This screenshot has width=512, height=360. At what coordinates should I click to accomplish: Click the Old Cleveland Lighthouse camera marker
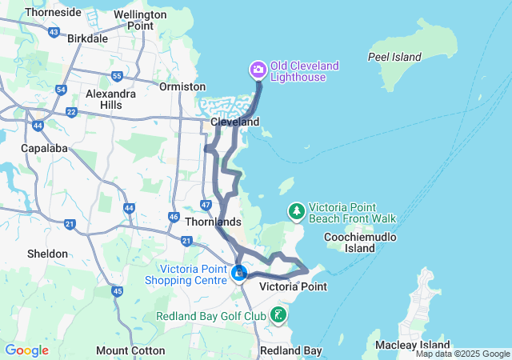258,70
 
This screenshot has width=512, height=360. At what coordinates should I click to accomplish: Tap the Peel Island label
394,57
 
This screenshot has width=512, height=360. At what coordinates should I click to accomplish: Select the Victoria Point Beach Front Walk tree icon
297,211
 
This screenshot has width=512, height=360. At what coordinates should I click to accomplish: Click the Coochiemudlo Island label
350,242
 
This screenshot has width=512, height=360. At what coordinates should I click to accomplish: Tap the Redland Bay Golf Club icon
278,314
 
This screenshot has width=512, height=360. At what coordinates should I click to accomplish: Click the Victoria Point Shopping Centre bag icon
239,274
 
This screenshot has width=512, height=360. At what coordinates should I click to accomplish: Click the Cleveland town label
234,122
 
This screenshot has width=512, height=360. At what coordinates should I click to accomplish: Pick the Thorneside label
53,12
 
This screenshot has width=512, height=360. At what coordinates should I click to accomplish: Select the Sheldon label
47,254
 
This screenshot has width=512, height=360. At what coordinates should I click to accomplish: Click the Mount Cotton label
130,350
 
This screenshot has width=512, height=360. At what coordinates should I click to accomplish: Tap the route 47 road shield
206,205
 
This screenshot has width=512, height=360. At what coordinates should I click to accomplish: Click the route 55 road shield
118,77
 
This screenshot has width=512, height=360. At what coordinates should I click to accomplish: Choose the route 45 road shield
118,291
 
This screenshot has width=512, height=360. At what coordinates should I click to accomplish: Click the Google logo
26,350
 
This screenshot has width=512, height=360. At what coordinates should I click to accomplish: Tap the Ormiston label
177,86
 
